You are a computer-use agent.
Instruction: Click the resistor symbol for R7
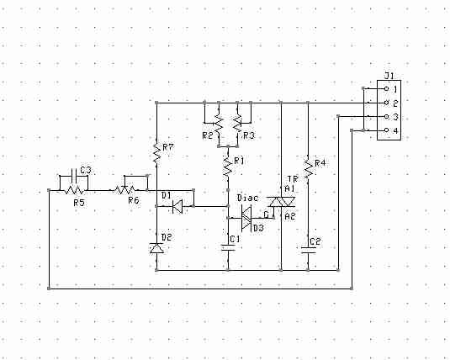point(156,152)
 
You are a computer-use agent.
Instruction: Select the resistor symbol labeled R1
point(228,167)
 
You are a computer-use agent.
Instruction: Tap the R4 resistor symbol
point(308,170)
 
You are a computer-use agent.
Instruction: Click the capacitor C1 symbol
point(228,248)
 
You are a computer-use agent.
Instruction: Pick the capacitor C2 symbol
point(308,251)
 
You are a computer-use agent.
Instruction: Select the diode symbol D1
point(177,206)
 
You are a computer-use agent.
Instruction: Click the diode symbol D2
point(156,248)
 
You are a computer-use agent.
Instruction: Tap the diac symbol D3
point(246,218)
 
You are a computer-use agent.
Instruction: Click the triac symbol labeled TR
point(281,202)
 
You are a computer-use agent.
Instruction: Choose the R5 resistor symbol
point(74,190)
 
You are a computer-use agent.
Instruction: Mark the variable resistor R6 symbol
point(124,189)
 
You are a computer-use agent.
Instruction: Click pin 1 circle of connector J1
point(386,89)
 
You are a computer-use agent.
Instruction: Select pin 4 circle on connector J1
point(386,130)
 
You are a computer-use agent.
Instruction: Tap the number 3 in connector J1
point(395,117)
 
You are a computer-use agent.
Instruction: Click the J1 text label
point(389,76)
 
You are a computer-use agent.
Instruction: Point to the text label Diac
point(247,199)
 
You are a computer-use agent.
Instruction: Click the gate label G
point(266,214)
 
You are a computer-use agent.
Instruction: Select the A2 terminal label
point(290,216)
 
